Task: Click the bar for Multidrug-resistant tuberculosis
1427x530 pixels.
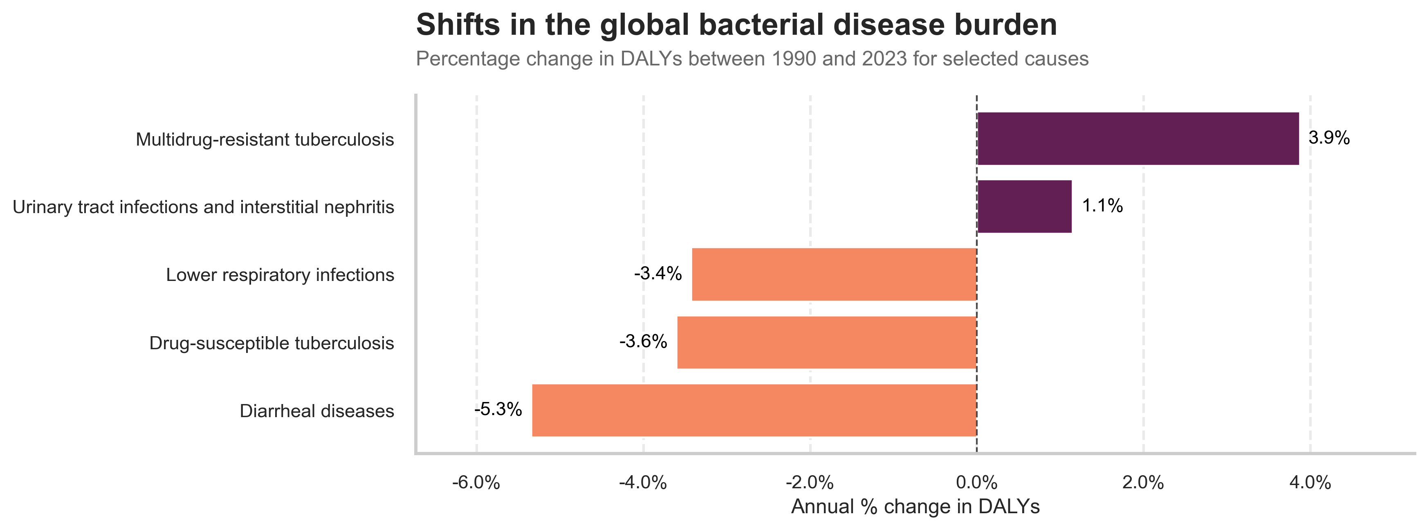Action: click(1138, 139)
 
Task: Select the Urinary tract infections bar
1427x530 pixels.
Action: click(1024, 207)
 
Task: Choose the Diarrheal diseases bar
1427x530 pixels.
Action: click(754, 410)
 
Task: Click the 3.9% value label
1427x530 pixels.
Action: click(1329, 138)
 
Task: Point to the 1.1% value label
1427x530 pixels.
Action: click(1102, 206)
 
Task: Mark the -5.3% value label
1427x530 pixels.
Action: click(498, 410)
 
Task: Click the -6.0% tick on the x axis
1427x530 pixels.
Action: click(476, 483)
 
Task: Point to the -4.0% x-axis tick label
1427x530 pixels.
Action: click(643, 483)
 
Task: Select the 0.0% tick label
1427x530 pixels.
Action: click(977, 483)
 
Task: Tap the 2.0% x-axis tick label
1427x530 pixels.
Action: click(1143, 483)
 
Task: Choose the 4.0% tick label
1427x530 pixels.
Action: click(1310, 483)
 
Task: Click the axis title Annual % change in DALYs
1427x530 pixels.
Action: click(915, 507)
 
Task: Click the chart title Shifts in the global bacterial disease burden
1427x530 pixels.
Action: click(736, 25)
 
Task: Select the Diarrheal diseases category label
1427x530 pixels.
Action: click(317, 411)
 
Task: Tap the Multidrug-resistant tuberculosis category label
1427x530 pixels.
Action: click(265, 139)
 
